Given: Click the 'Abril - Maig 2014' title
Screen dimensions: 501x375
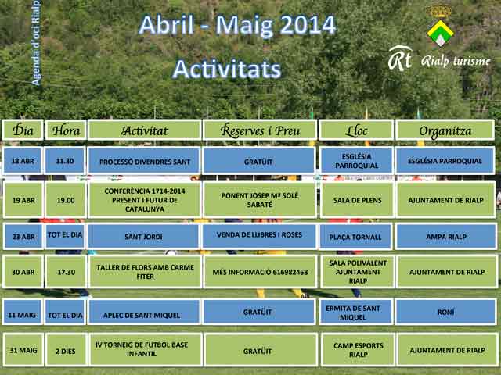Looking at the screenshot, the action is click(237, 26).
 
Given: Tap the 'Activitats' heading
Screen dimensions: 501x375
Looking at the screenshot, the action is click(227, 69).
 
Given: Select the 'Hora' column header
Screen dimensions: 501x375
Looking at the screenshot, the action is click(66, 130).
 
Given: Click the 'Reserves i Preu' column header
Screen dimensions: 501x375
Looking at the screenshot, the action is click(260, 130).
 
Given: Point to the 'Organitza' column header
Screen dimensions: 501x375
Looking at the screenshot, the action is click(445, 130).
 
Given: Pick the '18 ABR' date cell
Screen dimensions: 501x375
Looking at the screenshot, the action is click(23, 161).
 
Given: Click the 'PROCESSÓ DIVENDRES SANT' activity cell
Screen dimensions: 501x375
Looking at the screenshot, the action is click(145, 161).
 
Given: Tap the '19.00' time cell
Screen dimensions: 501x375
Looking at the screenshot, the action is click(66, 200).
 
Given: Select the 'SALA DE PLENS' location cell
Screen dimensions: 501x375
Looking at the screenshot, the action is click(357, 200).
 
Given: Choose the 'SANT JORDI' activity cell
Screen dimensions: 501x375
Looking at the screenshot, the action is click(143, 236).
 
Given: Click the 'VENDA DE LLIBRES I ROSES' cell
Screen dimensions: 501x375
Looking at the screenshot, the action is click(259, 236).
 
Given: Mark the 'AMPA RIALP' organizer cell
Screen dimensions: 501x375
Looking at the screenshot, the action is click(446, 236).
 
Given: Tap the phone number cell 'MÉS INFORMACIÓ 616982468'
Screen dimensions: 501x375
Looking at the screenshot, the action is click(260, 272).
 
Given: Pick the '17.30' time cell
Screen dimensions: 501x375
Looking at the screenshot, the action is click(66, 272).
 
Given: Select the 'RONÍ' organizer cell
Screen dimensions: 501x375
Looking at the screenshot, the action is click(445, 312).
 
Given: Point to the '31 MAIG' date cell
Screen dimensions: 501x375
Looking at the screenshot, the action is click(23, 350).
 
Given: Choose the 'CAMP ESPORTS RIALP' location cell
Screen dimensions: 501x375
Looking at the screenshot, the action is click(358, 350).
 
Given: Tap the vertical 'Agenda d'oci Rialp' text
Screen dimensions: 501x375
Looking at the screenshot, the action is click(36, 43).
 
